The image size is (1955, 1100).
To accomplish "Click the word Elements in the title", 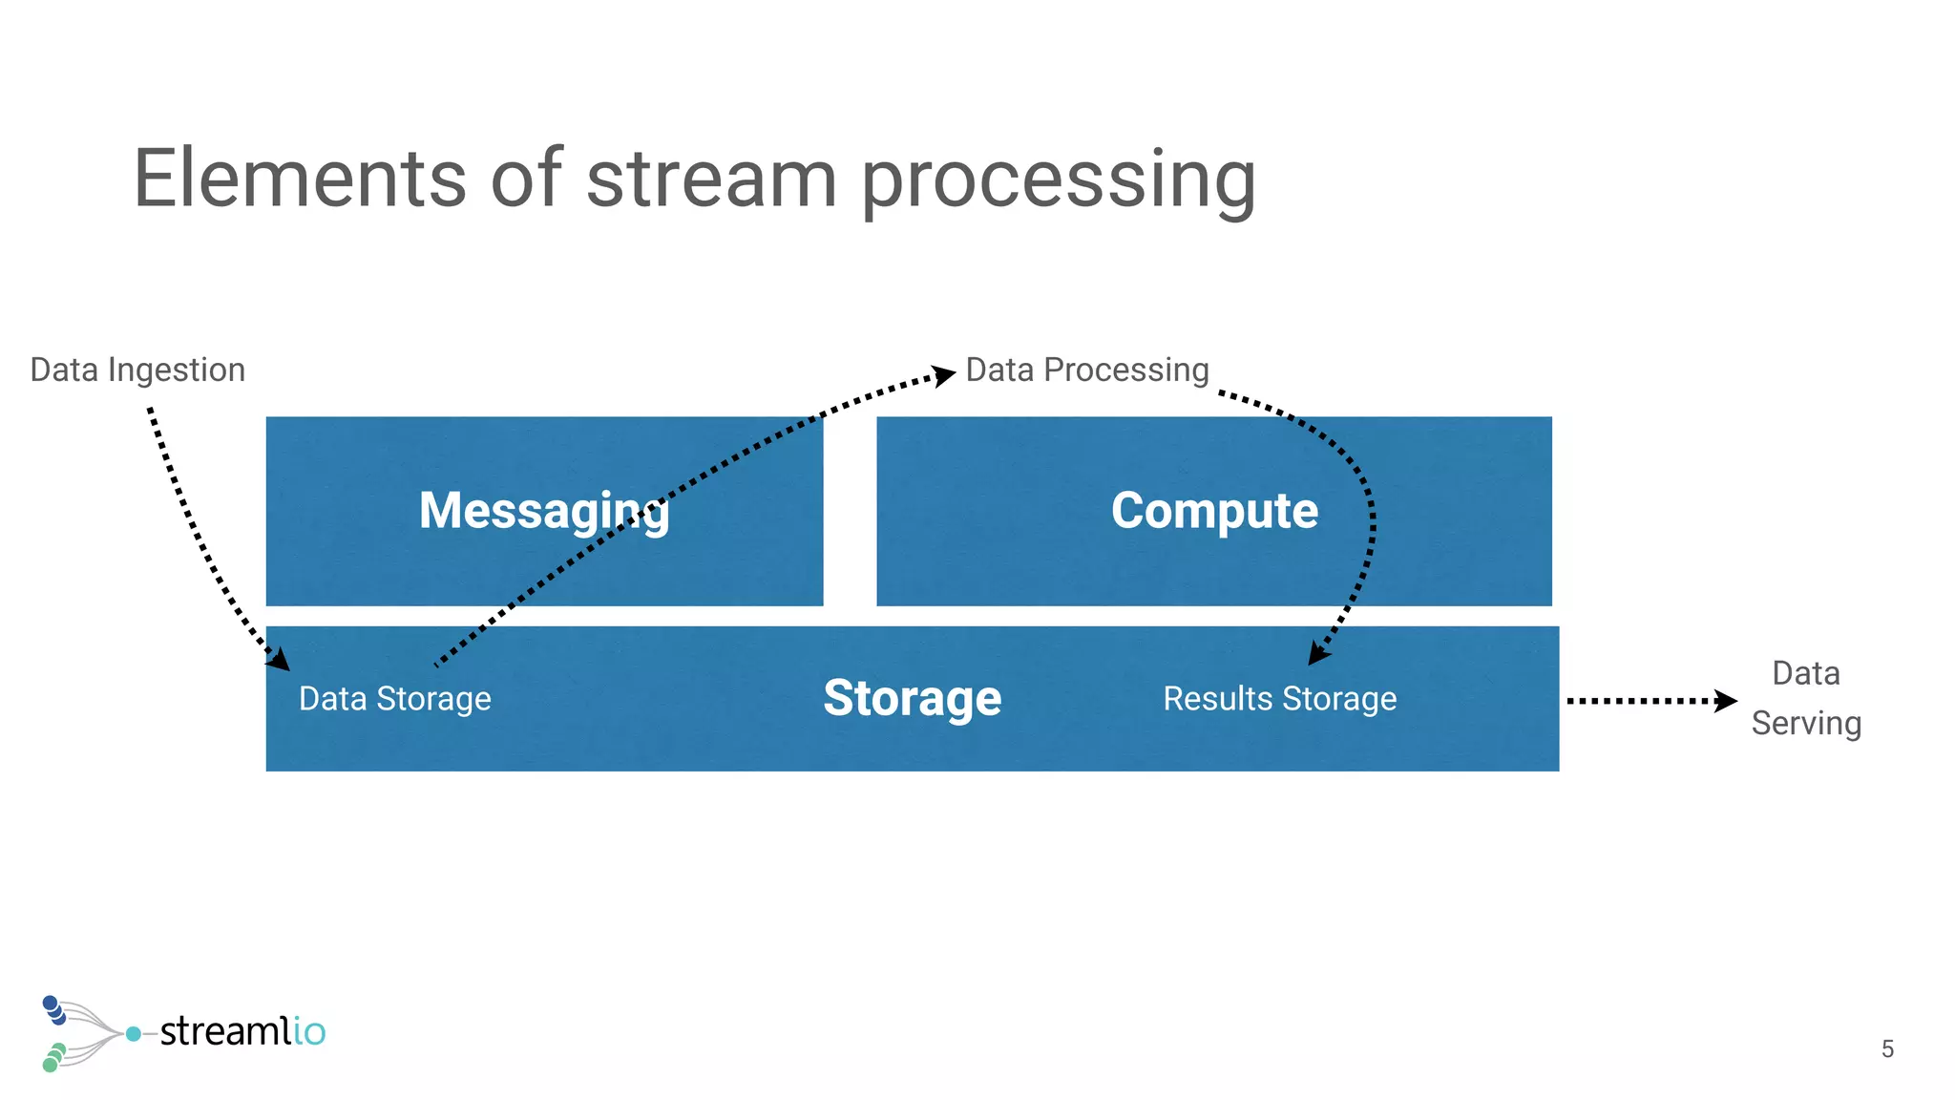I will pos(299,179).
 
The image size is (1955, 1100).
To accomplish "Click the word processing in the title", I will pos(1059,181).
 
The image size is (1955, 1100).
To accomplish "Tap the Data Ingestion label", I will pos(137,370).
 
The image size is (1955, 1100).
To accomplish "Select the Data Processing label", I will pos(1087,370).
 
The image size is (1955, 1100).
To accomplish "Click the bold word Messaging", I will pos(544,511).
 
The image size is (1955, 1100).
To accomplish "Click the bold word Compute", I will pos(1214,511).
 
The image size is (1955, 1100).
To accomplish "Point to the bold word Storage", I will pos(912,699).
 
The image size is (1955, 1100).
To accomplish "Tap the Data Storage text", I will pos(394,699).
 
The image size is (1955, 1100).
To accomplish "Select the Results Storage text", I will pos(1279,699).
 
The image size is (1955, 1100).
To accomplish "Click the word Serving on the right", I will pos(1806,724).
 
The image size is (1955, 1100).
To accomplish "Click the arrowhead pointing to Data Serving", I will pos(1725,701).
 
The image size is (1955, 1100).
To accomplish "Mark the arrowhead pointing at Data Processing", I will pos(943,375).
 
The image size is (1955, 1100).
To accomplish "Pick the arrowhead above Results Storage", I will pos(1318,653).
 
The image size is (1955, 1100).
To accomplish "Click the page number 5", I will pos(1887,1049).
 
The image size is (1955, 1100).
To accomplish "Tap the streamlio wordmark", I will pos(242,1032).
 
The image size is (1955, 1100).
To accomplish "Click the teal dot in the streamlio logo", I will pos(134,1034).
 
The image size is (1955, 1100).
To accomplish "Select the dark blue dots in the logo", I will pos(53,1009).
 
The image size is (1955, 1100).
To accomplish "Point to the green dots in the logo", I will pos(53,1057).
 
